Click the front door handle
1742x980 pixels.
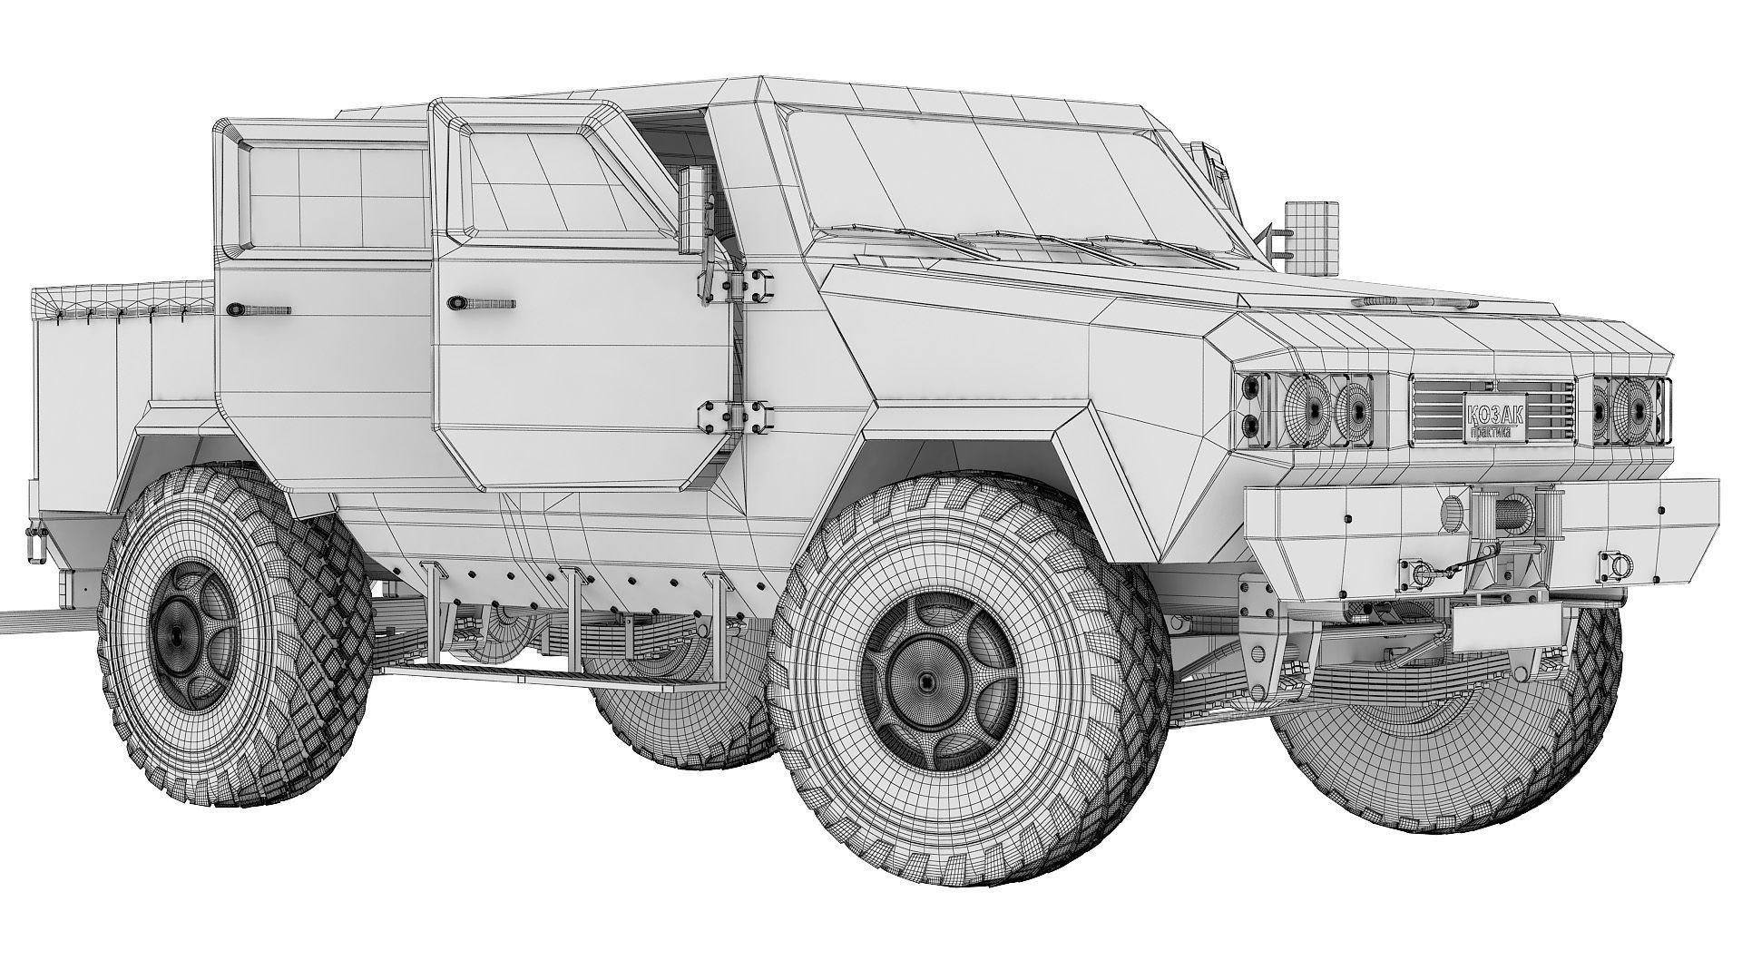(480, 301)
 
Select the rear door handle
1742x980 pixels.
(259, 309)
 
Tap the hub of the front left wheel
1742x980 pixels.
(925, 681)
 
